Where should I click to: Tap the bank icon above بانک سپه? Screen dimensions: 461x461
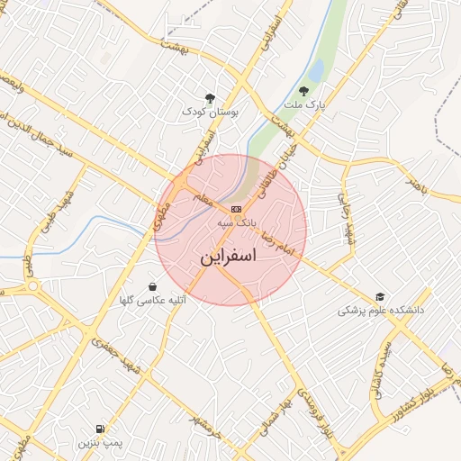tap(236, 208)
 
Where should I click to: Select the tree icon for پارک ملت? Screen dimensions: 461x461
tap(303, 91)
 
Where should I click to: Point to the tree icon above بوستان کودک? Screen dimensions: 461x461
tap(210, 96)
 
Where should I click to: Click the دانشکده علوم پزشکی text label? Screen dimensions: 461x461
tap(381, 310)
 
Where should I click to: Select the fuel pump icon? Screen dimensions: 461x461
tap(98, 429)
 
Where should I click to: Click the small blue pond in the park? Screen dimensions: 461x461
tap(315, 70)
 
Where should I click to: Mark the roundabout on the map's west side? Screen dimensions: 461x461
tap(33, 286)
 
